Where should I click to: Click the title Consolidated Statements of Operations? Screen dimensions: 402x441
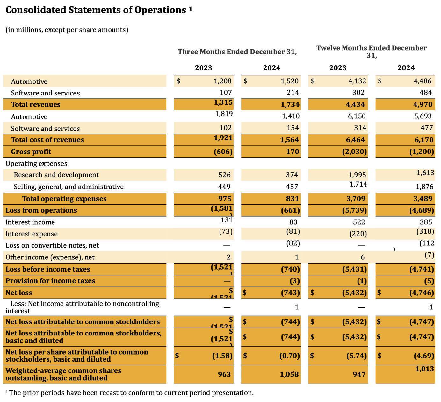(96, 10)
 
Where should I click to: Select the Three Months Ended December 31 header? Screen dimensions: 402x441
(237, 52)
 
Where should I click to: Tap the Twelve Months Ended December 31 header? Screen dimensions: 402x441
(371, 52)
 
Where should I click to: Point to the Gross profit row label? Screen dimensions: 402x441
(31, 152)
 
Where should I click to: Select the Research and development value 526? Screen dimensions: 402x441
(224, 175)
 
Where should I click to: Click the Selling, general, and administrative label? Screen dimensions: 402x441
(69, 187)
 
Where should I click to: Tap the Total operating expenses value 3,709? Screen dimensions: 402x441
(356, 199)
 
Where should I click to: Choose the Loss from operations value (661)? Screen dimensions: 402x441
(290, 210)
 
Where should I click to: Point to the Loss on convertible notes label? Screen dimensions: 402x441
(52, 246)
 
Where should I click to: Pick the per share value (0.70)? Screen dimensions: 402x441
(289, 356)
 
